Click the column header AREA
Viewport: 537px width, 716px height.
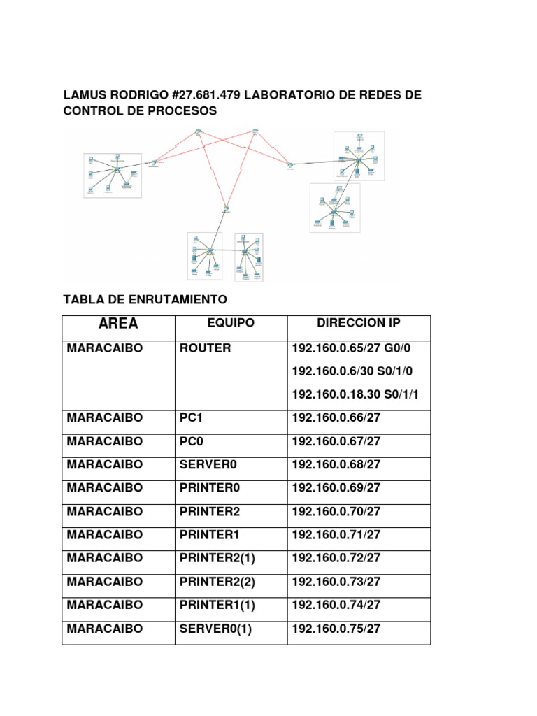pos(118,324)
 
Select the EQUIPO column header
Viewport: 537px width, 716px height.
pos(231,324)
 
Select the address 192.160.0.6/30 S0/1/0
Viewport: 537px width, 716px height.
pos(355,371)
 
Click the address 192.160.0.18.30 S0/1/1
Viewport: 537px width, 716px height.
pos(355,395)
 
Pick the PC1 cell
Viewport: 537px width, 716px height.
pos(190,418)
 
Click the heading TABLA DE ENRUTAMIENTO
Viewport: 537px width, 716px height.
pos(145,299)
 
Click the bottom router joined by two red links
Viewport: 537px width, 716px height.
pos(227,208)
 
